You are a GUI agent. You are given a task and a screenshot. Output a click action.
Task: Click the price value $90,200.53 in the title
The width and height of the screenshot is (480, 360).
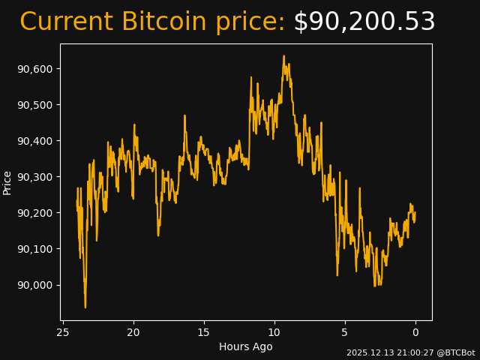364,22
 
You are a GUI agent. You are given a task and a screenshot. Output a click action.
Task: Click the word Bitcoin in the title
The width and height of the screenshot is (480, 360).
163,22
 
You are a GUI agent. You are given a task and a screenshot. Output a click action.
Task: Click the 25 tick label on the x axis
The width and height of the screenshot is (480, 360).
63,333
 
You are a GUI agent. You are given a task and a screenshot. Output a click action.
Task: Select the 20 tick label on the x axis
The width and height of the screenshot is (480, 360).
133,333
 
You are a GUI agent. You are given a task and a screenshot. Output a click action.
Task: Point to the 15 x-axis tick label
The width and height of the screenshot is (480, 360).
204,333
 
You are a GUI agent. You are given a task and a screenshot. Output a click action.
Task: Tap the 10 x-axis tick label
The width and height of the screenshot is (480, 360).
274,333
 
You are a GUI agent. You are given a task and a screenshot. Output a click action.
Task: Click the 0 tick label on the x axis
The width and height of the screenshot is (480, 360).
415,333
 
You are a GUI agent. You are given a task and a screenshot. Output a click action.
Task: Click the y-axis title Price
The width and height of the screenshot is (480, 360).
7,182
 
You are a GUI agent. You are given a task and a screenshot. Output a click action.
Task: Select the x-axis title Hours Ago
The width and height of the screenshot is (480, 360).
245,346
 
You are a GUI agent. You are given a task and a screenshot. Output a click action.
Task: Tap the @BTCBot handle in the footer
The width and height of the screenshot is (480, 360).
455,352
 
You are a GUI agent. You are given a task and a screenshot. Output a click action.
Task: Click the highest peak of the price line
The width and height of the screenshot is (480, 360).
283,55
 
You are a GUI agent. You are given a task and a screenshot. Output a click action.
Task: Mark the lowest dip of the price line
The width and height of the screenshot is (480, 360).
85,307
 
